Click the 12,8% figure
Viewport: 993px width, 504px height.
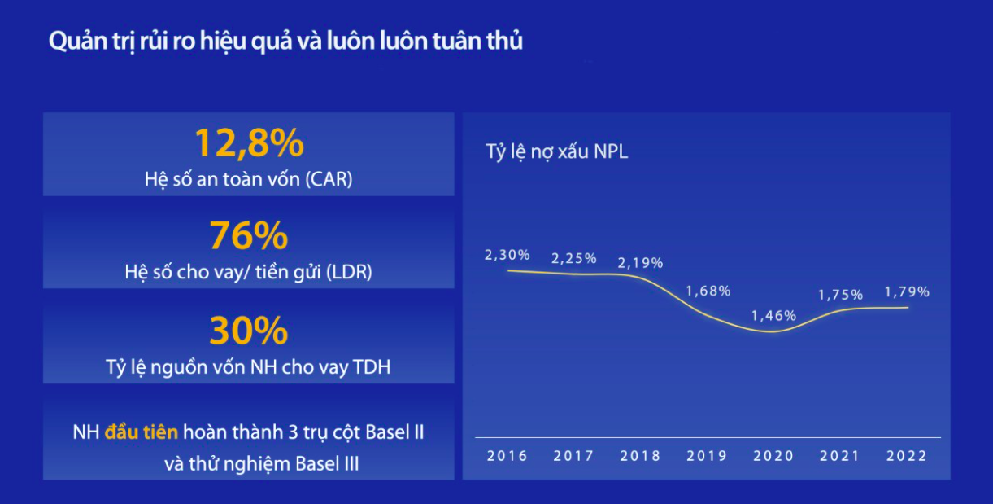248,144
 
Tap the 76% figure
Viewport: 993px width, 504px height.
248,237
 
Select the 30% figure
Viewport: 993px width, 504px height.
248,331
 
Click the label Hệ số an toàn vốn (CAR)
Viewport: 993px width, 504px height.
248,179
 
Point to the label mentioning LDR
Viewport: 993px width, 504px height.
248,273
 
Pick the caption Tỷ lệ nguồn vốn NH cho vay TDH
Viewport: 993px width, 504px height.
248,366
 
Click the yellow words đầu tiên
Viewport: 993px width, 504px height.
142,432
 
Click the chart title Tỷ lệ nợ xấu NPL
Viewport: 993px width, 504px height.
556,152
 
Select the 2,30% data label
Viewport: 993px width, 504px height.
507,255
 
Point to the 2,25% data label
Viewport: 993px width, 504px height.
574,259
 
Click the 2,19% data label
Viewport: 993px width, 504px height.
640,263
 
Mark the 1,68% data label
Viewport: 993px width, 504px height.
708,291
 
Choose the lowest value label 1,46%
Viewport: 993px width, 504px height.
773,316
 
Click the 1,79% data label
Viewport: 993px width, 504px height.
907,291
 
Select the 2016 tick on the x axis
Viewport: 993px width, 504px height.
507,456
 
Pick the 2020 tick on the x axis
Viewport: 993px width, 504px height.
773,456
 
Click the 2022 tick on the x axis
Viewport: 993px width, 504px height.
907,456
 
